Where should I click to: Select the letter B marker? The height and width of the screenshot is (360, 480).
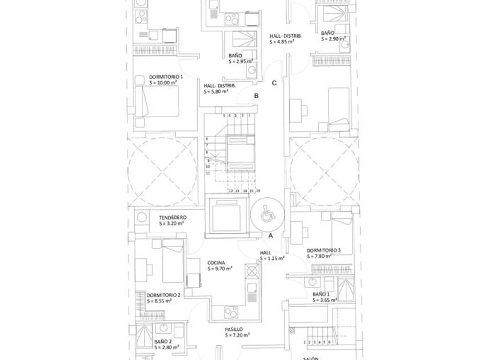point(257,96)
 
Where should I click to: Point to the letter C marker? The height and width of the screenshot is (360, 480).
point(274,83)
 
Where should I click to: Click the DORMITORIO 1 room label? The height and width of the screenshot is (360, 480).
point(166,77)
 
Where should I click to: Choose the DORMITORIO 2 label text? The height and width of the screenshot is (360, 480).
point(163,295)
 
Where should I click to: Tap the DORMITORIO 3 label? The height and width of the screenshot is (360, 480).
point(323,250)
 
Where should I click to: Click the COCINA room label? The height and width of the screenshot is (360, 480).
point(216,263)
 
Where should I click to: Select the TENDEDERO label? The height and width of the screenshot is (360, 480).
point(173,218)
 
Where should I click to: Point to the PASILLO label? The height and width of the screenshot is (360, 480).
point(234,330)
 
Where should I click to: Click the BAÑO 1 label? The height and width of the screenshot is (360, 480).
point(321,294)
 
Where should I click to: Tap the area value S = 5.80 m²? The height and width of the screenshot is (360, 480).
point(216,91)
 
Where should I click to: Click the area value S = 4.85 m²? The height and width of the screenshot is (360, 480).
point(282,42)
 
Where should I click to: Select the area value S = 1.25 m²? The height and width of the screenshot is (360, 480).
point(272,258)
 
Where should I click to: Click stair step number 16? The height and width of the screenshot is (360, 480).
point(258,190)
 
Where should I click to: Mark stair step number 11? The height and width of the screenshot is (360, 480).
point(208,172)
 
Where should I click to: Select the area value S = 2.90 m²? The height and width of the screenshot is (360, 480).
point(333,39)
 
